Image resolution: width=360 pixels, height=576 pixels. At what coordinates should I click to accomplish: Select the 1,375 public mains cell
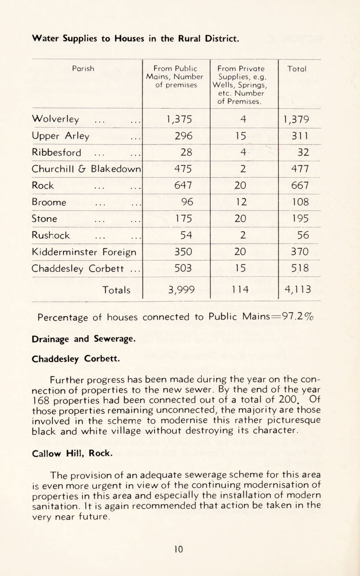point(177,120)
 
